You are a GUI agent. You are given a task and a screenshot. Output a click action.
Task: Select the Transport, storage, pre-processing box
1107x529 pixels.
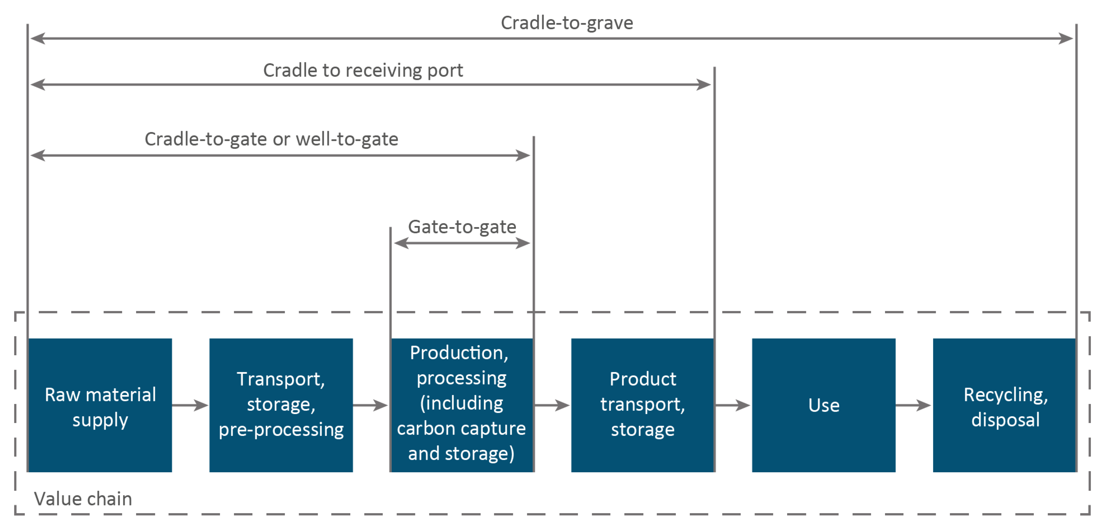tap(281, 405)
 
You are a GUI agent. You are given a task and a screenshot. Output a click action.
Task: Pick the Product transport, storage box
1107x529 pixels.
tap(642, 405)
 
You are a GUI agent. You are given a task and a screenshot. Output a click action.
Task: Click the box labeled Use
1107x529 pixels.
tap(823, 405)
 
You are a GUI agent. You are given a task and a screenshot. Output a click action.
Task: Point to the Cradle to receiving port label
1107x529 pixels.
tap(363, 70)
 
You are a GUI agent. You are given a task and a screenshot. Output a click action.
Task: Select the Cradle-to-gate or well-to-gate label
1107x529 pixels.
tap(271, 139)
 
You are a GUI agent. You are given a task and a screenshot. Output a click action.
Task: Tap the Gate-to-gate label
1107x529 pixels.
tap(462, 227)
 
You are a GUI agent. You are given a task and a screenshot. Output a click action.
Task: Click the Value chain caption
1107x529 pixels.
tap(83, 499)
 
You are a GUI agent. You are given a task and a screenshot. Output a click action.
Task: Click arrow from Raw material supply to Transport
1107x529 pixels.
tap(190, 405)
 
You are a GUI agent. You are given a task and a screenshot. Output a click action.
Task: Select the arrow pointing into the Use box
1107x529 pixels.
tap(733, 405)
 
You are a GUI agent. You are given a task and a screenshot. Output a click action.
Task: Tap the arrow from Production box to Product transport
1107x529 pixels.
tap(552, 405)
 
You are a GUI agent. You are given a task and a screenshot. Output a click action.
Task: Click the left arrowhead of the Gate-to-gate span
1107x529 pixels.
tap(400, 243)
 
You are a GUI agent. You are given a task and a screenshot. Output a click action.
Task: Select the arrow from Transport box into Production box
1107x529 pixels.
tap(371, 405)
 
